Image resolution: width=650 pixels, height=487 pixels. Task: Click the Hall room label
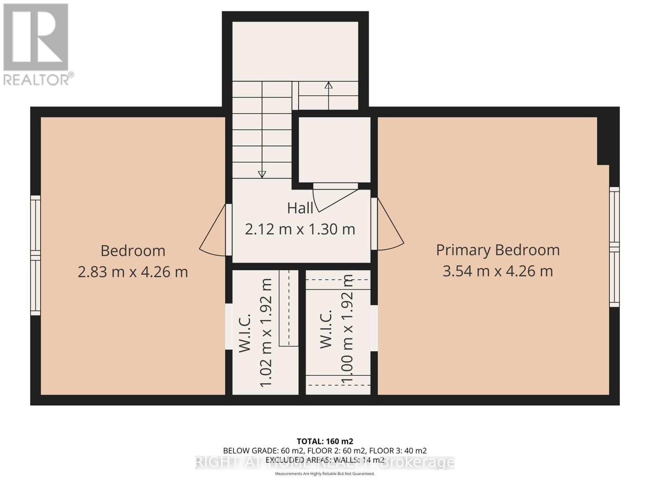300,208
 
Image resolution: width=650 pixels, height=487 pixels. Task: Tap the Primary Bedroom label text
498,250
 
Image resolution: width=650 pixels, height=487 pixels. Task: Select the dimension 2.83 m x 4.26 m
133,272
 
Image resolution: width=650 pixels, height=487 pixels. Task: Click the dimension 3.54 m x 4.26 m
498,271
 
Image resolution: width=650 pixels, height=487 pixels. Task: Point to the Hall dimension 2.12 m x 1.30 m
300,229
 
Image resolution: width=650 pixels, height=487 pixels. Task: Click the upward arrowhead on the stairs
328,85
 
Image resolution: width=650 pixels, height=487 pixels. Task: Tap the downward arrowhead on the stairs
262,174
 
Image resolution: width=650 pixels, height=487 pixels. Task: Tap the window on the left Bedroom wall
36,255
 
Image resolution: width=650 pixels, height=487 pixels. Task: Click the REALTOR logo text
39,79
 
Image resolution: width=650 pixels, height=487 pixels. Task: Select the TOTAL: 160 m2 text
325,441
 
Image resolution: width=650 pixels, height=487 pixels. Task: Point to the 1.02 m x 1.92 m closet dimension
266,333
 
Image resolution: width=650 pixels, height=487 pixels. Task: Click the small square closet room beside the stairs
334,150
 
